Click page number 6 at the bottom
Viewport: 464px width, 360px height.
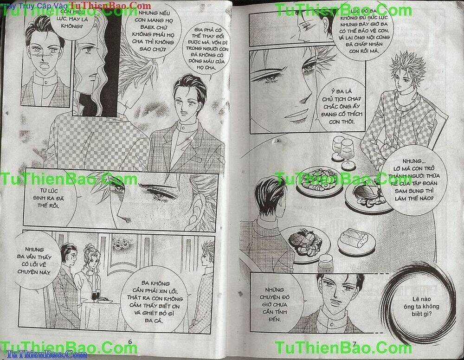tap(130, 342)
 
